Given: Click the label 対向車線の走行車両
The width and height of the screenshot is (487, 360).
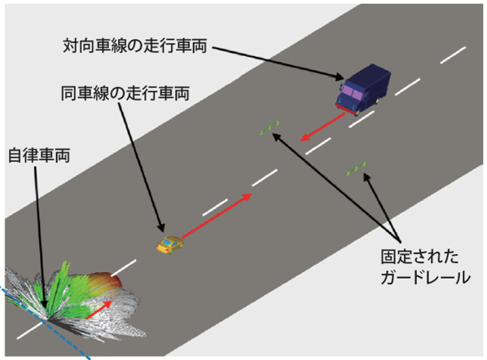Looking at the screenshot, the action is (x=135, y=46).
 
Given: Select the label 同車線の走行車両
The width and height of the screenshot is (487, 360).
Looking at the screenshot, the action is (x=125, y=93).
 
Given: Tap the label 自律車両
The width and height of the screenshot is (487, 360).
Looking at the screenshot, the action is (x=39, y=156).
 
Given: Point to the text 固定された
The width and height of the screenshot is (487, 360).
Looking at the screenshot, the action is (x=419, y=257).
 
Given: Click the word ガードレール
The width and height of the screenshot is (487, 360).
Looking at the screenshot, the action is (x=425, y=277).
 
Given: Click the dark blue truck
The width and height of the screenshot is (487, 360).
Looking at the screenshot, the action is (x=362, y=90).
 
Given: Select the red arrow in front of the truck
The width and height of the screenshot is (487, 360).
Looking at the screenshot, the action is (x=322, y=127).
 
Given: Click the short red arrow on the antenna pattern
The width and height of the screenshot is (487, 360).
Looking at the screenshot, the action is (x=99, y=310).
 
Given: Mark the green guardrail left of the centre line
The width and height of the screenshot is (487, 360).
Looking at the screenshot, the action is (x=270, y=128).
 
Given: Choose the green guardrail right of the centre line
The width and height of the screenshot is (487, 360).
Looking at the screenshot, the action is (x=356, y=169).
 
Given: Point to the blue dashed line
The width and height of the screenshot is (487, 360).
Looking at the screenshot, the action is (x=45, y=322).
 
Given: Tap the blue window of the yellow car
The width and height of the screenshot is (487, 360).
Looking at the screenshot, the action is (x=167, y=241).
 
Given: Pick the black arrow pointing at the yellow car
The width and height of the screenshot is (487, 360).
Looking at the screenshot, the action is (x=142, y=168).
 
